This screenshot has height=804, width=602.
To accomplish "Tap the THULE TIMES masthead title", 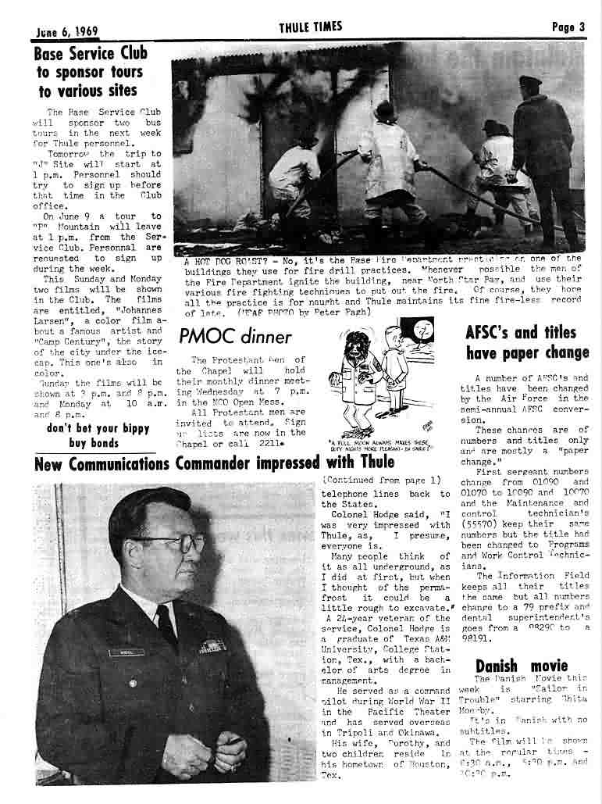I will (x=310, y=27).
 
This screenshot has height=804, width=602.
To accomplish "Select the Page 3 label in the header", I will (x=568, y=27).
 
